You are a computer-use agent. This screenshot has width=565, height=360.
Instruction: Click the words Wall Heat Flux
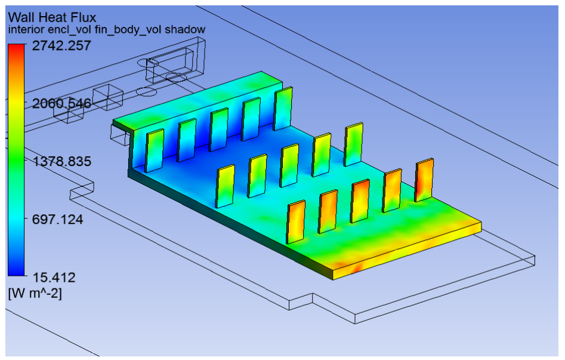coord(52,17)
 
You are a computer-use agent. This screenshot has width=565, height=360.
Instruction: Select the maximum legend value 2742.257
coord(58,46)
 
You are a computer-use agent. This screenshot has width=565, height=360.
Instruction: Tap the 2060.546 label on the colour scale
coord(58,104)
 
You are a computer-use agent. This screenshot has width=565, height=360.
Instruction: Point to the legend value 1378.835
coord(58,162)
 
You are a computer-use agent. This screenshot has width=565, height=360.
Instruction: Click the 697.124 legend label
coord(58,219)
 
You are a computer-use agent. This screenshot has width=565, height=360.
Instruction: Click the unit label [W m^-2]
coord(35,293)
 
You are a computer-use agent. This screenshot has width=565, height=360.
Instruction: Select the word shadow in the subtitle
coord(186,30)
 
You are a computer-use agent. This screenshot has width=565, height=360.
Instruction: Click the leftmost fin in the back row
coord(155,150)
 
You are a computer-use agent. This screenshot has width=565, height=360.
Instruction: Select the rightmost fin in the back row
coord(283,108)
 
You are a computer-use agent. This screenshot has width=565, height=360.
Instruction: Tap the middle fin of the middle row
coord(289,165)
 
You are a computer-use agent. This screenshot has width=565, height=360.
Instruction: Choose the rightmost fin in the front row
coord(424,180)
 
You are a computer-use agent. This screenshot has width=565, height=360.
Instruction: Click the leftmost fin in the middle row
coord(226,186)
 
